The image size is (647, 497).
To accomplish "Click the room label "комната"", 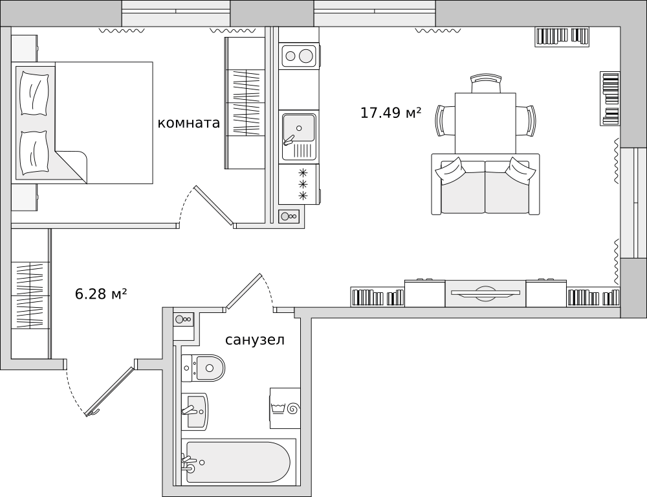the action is click(188, 122).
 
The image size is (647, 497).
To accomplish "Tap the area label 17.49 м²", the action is click(391, 112).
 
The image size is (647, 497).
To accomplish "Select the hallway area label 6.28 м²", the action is click(101, 294).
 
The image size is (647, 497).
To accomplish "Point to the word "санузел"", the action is click(254, 340).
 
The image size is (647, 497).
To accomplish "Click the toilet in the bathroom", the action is click(203, 367).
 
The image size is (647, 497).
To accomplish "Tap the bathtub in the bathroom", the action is click(239, 462).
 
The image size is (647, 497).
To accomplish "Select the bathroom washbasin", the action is click(195, 411).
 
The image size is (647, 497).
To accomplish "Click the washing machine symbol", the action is click(285, 408).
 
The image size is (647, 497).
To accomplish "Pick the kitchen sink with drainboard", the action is click(299, 137).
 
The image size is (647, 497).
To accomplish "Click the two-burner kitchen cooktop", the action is click(299, 56).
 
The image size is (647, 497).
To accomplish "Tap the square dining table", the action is click(485, 123).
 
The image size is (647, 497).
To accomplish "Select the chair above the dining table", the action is click(486, 84).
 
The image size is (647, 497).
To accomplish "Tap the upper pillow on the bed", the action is click(35, 93).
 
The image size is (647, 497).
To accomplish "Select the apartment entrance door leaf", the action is click(110, 391).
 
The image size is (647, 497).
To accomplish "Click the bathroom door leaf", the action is click(243, 291).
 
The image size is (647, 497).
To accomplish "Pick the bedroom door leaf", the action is click(214, 206).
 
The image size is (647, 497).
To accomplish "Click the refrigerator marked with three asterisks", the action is click(299, 184).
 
